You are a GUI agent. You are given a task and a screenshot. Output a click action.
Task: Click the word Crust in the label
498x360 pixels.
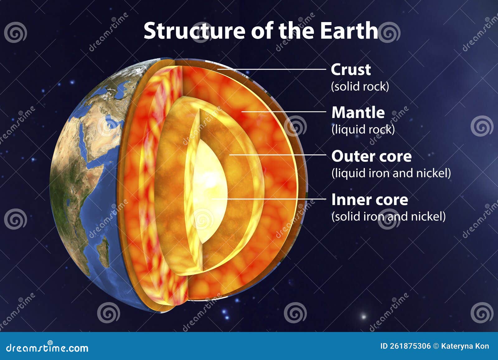tap(350, 70)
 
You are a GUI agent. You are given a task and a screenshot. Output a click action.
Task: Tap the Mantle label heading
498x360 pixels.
tap(358, 113)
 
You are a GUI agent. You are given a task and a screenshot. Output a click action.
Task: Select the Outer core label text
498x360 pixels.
tap(371, 156)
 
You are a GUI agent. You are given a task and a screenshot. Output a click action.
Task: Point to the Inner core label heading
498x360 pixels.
tap(369, 200)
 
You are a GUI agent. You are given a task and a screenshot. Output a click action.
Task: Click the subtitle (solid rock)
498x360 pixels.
tap(360, 86)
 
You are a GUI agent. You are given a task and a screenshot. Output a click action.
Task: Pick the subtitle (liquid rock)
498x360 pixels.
tap(363, 129)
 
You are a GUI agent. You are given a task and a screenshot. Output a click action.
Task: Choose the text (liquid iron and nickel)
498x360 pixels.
tap(391, 173)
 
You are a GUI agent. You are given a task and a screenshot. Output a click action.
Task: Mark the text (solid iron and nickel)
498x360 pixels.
tap(388, 216)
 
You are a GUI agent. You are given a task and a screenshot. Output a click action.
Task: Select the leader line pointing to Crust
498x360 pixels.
tap(271, 69)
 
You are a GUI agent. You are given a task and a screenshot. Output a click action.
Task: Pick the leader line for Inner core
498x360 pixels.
tap(268, 199)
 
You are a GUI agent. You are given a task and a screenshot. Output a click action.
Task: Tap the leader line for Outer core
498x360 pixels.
tap(277, 155)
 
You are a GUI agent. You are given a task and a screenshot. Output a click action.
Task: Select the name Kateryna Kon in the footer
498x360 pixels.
tap(465, 346)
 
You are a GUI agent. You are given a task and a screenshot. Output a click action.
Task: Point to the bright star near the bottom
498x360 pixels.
tap(363, 317)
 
